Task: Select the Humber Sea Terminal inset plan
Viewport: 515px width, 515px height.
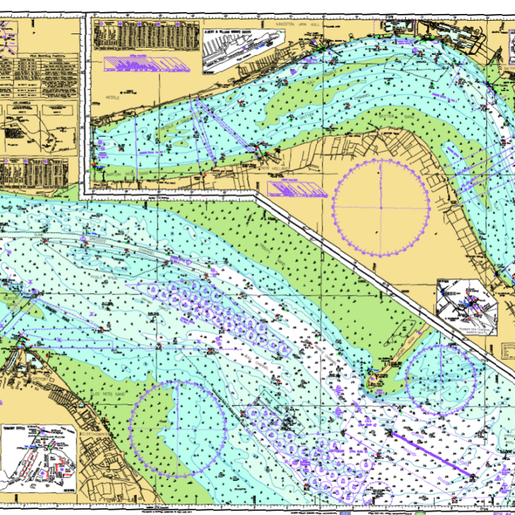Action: point(468,305)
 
